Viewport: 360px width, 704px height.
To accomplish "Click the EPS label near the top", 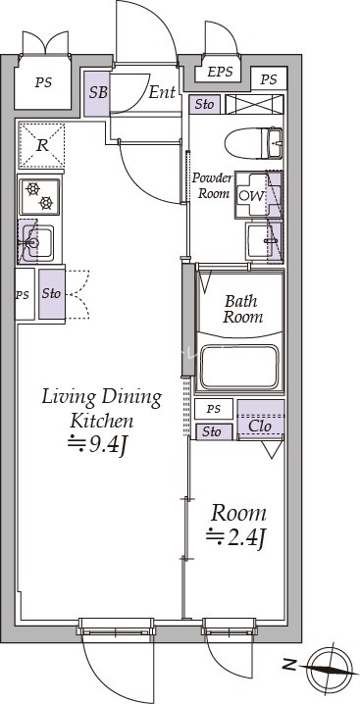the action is click(x=221, y=72).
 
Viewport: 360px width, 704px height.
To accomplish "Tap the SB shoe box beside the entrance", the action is click(x=97, y=94).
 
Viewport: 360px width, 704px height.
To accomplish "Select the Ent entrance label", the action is click(x=162, y=92).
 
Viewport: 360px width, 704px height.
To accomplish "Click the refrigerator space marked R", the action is click(x=41, y=145).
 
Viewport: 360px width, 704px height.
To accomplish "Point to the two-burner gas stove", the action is click(x=39, y=196).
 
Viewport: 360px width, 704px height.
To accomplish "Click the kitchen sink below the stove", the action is click(x=36, y=242).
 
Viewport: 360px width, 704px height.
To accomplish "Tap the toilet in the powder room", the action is click(x=253, y=143).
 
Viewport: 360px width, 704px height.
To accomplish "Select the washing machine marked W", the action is click(x=258, y=195).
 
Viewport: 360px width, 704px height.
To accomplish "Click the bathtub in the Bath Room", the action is click(x=239, y=367).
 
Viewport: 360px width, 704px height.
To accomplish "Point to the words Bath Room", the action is click(x=242, y=309).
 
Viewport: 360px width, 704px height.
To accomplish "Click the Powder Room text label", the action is click(x=212, y=185).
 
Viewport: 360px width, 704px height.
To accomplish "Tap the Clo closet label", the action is click(x=260, y=427).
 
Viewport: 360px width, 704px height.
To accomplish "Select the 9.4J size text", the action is click(x=95, y=446).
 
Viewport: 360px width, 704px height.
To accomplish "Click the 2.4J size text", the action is click(x=236, y=536).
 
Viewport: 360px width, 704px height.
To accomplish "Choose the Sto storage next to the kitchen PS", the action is click(x=52, y=294).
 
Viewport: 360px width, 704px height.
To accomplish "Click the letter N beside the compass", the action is click(x=291, y=664).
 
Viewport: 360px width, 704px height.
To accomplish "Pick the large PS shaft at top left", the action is click(x=43, y=82).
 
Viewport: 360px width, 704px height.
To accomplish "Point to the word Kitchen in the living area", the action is click(x=102, y=421).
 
